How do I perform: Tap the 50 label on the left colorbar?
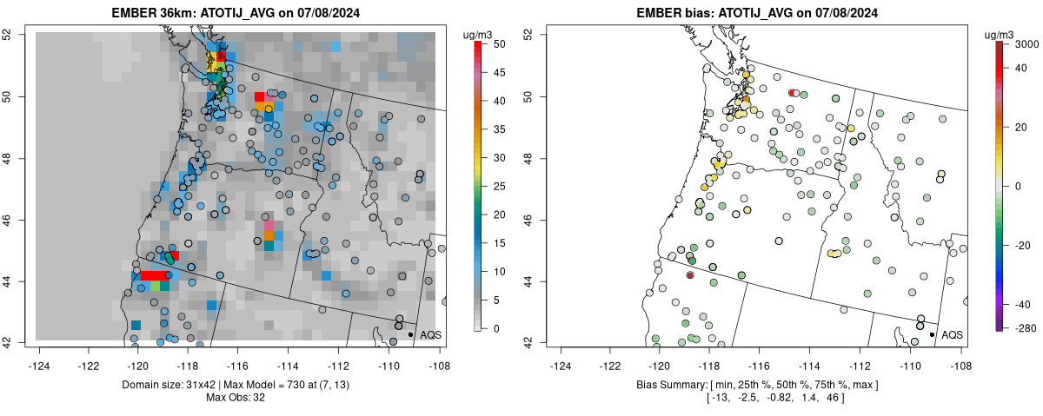click(x=500, y=43)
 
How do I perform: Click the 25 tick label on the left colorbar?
click(x=500, y=186)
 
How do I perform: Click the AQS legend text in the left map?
click(x=430, y=334)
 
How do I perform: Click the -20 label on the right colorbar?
click(x=1024, y=245)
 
